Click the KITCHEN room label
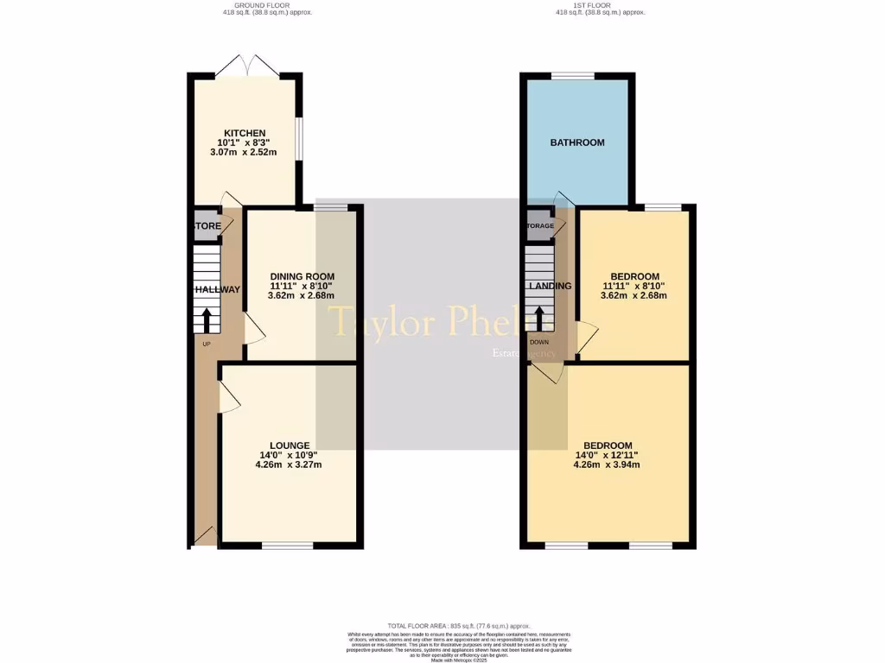(x=245, y=133)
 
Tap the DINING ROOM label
(x=302, y=276)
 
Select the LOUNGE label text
(x=289, y=445)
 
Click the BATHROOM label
(x=577, y=142)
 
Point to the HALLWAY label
(x=217, y=289)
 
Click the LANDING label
(x=551, y=287)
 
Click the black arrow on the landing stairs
(x=540, y=318)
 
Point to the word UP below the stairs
(x=207, y=344)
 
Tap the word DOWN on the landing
(x=540, y=342)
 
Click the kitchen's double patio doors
(x=247, y=66)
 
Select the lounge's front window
(x=288, y=545)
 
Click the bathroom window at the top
(x=573, y=76)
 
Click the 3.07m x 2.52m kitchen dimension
(x=244, y=152)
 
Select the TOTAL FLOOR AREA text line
(x=458, y=626)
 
